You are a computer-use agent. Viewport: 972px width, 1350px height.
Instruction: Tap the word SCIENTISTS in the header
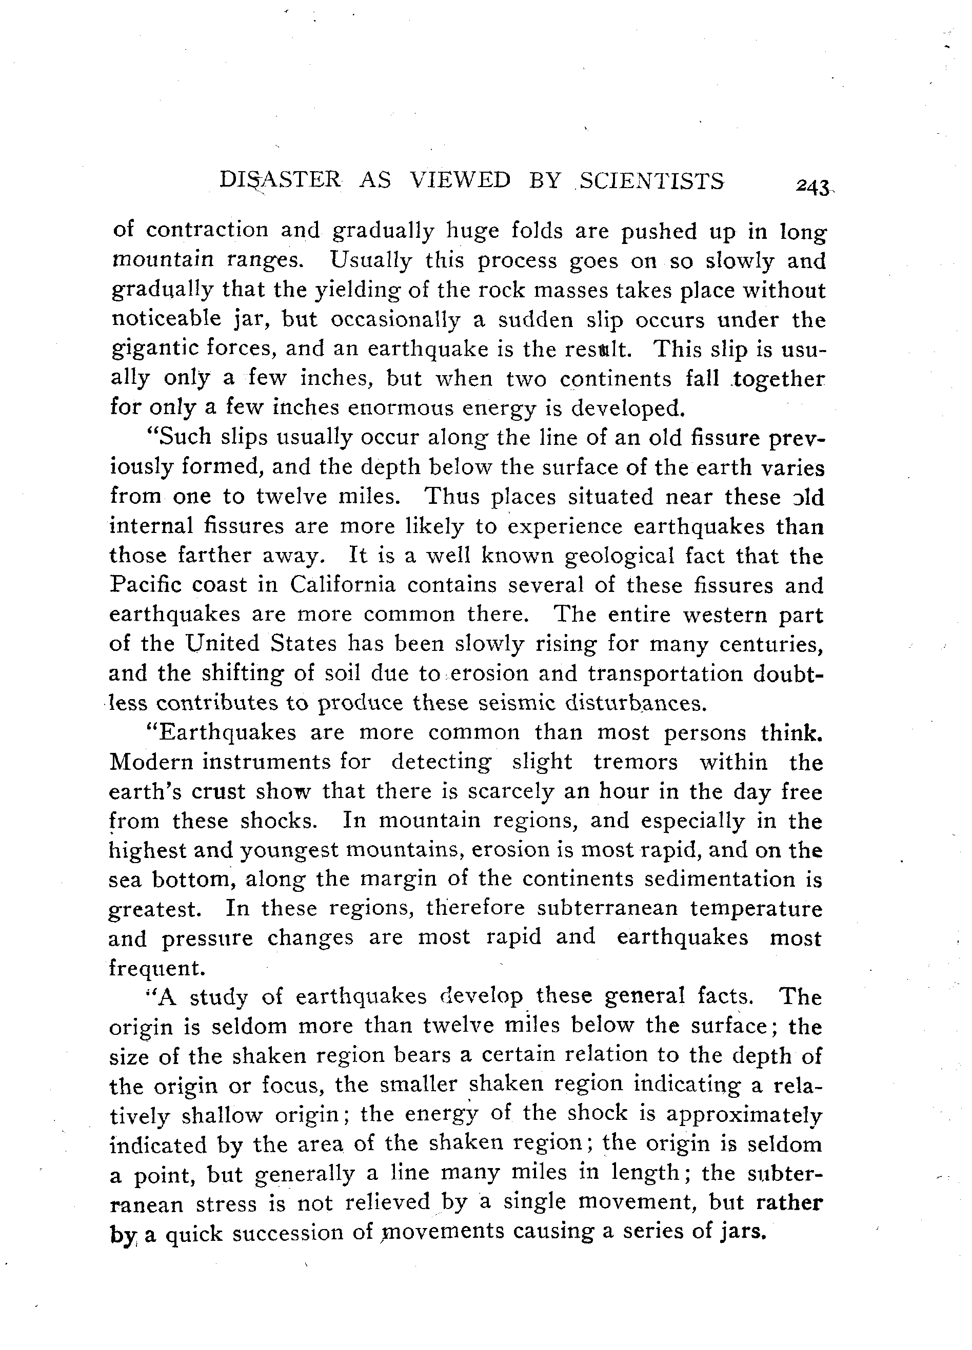(x=652, y=180)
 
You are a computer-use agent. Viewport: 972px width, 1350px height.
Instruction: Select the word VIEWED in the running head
(x=461, y=180)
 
